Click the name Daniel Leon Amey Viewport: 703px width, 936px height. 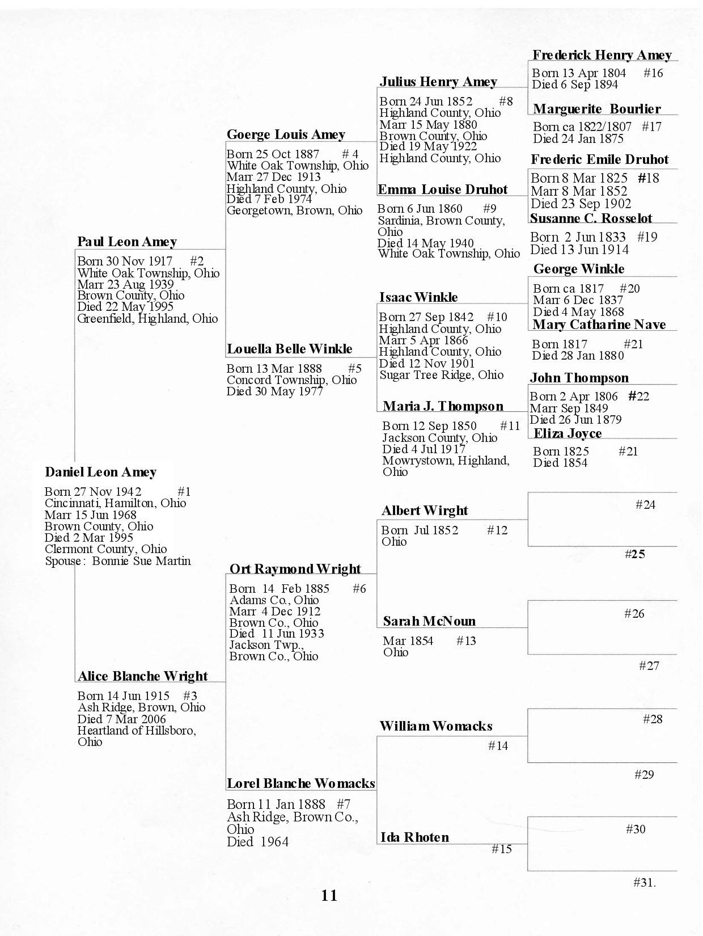[100, 472]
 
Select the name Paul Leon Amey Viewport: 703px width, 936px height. [127, 242]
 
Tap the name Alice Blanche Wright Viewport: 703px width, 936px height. [142, 676]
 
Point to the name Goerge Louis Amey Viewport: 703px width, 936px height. [286, 134]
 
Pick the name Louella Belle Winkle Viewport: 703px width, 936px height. [289, 349]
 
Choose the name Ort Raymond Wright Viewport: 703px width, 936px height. [295, 569]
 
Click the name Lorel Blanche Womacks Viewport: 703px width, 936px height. [300, 783]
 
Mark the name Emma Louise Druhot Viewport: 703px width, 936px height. [442, 189]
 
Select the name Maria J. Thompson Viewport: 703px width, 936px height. [443, 406]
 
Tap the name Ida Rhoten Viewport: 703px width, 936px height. [414, 837]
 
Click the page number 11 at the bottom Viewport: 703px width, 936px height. [329, 895]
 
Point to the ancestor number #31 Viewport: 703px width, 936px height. [644, 883]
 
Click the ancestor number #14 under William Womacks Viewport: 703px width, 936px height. [498, 746]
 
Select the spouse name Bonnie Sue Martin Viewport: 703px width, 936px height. [141, 561]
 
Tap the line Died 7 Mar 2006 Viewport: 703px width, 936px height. [122, 719]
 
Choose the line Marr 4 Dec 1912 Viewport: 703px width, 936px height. [275, 612]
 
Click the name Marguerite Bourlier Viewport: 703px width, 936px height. [596, 109]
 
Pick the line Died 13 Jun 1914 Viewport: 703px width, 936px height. [579, 250]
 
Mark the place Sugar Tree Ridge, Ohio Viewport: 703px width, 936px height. [441, 375]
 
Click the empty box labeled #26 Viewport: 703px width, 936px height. [602, 627]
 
